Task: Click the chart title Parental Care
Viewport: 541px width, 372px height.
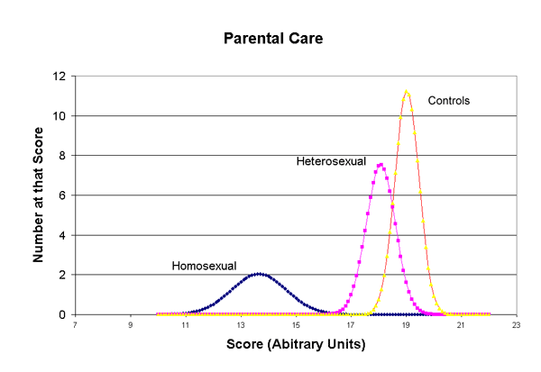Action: click(270, 41)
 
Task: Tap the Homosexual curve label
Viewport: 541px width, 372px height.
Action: click(204, 266)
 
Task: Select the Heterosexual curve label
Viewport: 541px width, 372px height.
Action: click(331, 161)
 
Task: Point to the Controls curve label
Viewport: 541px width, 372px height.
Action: click(450, 99)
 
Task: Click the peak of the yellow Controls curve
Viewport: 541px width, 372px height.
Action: click(407, 91)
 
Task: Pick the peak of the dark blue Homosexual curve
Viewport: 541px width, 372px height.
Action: click(259, 274)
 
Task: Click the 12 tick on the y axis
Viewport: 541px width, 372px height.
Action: click(60, 77)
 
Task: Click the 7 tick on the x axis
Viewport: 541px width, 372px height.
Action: click(76, 325)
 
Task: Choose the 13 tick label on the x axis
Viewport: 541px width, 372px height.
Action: click(241, 325)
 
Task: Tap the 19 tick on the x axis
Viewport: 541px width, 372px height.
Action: click(407, 325)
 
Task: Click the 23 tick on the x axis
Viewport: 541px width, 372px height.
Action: click(517, 325)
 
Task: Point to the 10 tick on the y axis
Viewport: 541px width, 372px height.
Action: click(60, 116)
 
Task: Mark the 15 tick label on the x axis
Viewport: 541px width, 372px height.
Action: click(296, 325)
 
